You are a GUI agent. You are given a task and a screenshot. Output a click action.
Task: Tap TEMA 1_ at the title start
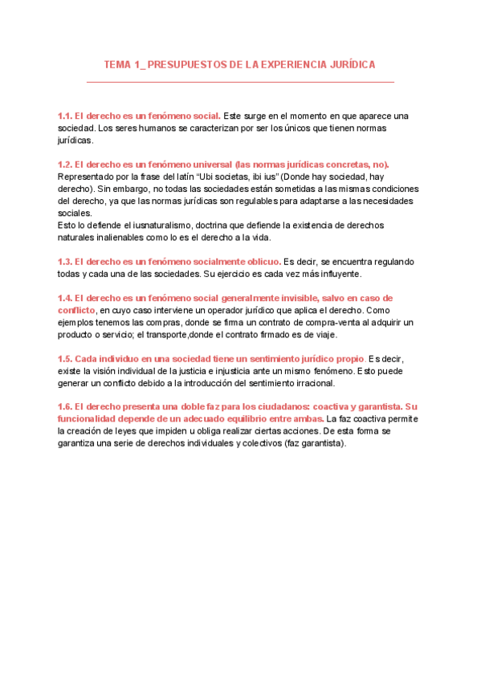coord(124,64)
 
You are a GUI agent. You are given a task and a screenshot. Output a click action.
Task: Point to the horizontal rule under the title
coord(240,81)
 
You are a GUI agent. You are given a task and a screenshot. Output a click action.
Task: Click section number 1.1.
coord(65,116)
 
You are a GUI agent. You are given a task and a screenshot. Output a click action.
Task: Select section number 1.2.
coord(65,164)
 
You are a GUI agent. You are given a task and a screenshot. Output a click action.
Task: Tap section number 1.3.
coord(65,262)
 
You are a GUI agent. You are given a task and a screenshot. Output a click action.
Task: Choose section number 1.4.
coord(65,298)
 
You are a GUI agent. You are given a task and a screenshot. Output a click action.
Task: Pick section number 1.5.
coord(65,358)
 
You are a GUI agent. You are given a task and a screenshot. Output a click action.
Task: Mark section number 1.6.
coord(65,406)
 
